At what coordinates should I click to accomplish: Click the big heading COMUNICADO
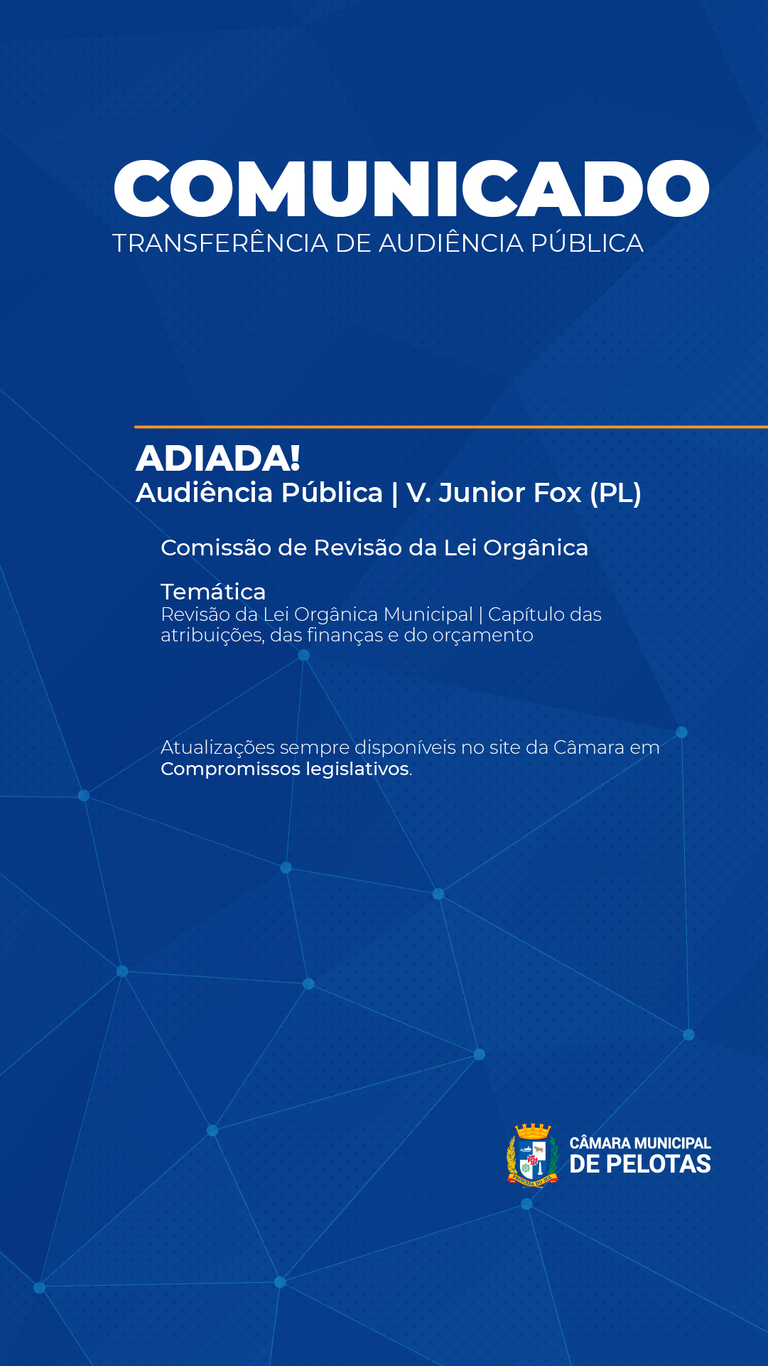pyautogui.click(x=411, y=188)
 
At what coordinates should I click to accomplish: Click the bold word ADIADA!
pyautogui.click(x=218, y=458)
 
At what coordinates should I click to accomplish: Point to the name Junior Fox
pyautogui.click(x=510, y=493)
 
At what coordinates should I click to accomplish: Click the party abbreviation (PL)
pyautogui.click(x=615, y=493)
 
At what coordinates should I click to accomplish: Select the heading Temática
pyautogui.click(x=213, y=592)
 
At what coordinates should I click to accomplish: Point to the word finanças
pyautogui.click(x=345, y=635)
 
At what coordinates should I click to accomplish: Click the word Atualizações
pyautogui.click(x=218, y=748)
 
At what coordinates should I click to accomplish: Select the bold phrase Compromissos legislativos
pyautogui.click(x=285, y=769)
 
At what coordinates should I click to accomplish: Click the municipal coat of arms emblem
pyautogui.click(x=532, y=1155)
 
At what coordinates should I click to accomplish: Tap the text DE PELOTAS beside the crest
pyautogui.click(x=640, y=1164)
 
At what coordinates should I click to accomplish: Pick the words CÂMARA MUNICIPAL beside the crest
pyautogui.click(x=640, y=1143)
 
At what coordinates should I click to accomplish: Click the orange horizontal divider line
pyautogui.click(x=451, y=427)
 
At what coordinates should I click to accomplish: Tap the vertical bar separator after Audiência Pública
pyautogui.click(x=395, y=493)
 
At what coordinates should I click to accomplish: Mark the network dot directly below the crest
pyautogui.click(x=526, y=1204)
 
